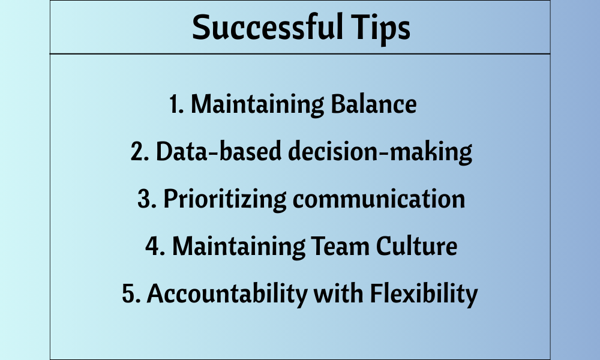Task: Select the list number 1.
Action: coord(176,104)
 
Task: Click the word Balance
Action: coord(373,104)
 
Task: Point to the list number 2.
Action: coord(140,151)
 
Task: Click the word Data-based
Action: coord(218,151)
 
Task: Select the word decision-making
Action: coord(380,152)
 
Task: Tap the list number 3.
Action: coord(147,199)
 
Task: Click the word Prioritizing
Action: coord(225,199)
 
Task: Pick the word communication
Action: coord(379,199)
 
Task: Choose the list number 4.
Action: coord(155,247)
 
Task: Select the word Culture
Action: coord(416,246)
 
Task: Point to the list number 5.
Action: coord(131,294)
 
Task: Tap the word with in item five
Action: coord(338,293)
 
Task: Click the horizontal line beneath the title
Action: coord(300,54)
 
